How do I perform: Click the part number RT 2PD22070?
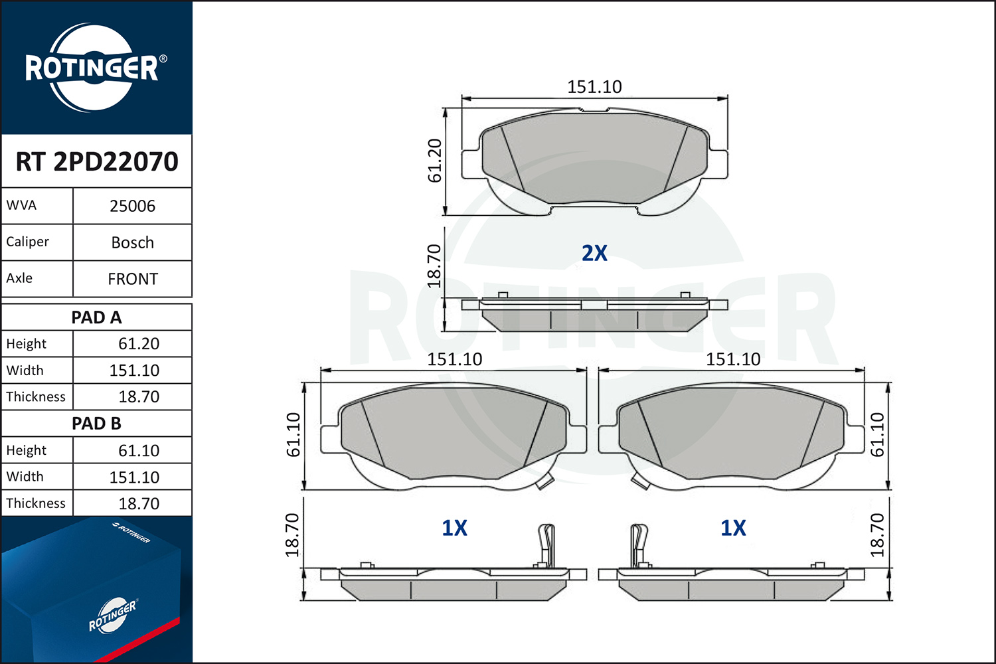[x=97, y=161]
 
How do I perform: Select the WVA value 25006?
[x=133, y=207]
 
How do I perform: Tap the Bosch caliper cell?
[x=133, y=243]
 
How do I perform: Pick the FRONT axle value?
[x=133, y=280]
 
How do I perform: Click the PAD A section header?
[x=96, y=317]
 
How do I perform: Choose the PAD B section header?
[x=96, y=424]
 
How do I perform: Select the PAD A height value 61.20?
[x=139, y=344]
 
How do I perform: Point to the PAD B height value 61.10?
[x=139, y=450]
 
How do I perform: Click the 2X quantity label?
[x=594, y=253]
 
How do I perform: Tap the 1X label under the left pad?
[x=454, y=528]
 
